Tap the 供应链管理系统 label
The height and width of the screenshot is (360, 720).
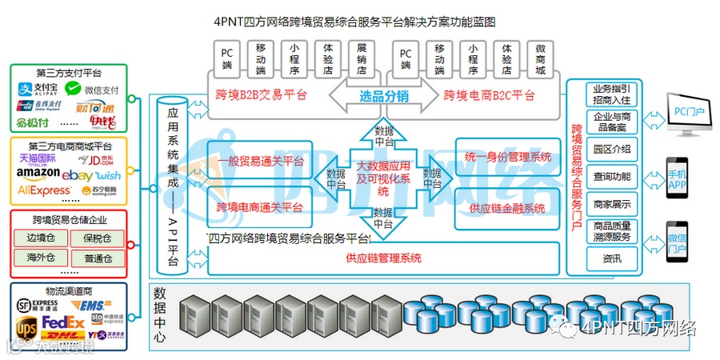[x=383, y=258]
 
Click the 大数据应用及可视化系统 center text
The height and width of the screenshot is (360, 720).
[x=383, y=178]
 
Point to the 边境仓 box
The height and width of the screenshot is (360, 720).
[x=40, y=238]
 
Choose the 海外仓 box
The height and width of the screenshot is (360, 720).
[x=40, y=258]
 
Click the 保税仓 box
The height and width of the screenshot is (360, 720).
[x=97, y=238]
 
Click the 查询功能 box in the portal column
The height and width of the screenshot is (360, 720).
[x=612, y=176]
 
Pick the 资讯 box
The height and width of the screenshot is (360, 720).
[x=612, y=259]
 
